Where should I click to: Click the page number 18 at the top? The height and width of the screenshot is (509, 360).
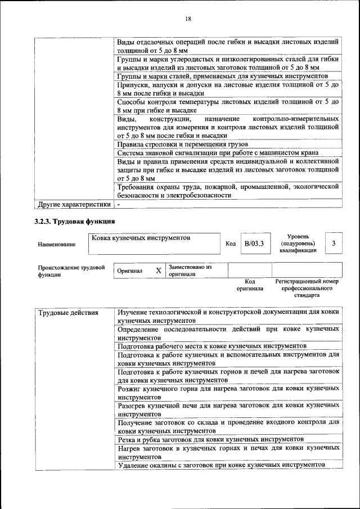click(188, 19)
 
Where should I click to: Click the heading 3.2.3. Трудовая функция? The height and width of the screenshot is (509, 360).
click(75, 220)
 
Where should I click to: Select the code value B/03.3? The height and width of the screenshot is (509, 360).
click(254, 244)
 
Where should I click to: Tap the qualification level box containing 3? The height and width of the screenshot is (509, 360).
click(334, 243)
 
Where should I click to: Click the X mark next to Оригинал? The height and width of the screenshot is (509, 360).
click(159, 271)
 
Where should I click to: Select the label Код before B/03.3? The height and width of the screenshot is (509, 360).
click(230, 244)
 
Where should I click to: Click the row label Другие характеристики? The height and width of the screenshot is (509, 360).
click(74, 204)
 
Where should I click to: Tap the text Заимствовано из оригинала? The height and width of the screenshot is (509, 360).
click(190, 271)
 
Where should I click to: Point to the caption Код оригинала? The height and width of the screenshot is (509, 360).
click(250, 285)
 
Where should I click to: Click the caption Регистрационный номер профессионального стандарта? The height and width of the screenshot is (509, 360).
click(307, 287)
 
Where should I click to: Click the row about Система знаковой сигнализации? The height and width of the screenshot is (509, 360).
click(218, 153)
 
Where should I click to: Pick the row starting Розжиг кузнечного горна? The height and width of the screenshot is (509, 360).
click(228, 393)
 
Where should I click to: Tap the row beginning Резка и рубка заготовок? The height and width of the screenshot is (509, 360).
click(211, 439)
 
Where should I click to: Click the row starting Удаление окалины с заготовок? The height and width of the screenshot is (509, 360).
click(221, 465)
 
